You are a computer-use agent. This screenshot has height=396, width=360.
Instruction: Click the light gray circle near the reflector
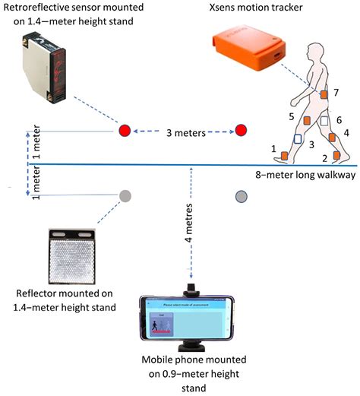124,195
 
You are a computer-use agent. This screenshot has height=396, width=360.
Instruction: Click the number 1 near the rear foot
273,150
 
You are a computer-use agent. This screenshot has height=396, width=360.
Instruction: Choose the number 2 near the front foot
324,157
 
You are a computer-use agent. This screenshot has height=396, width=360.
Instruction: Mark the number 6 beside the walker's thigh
339,120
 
